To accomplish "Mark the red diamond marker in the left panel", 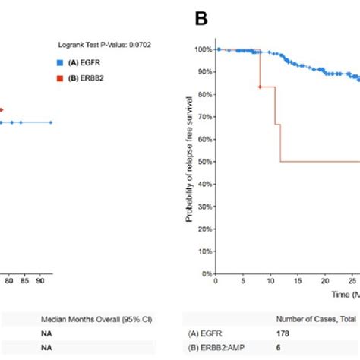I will point(2,110).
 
